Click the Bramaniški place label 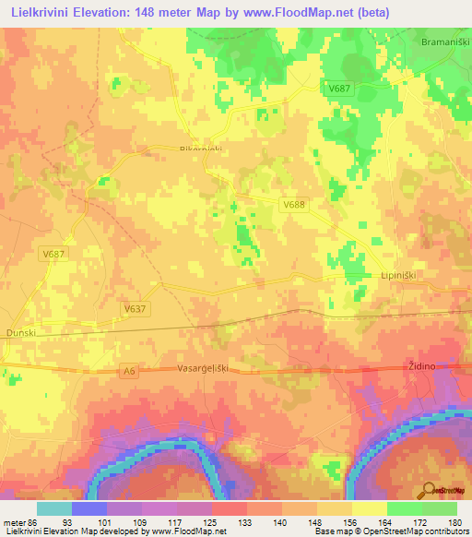[x=440, y=43]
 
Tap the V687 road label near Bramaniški [x=339, y=88]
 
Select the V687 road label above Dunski [x=54, y=253]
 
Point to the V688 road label [x=293, y=204]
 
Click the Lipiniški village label [x=399, y=275]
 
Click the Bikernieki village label [x=201, y=149]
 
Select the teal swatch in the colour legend [x=54, y=508]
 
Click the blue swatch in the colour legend [x=89, y=508]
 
